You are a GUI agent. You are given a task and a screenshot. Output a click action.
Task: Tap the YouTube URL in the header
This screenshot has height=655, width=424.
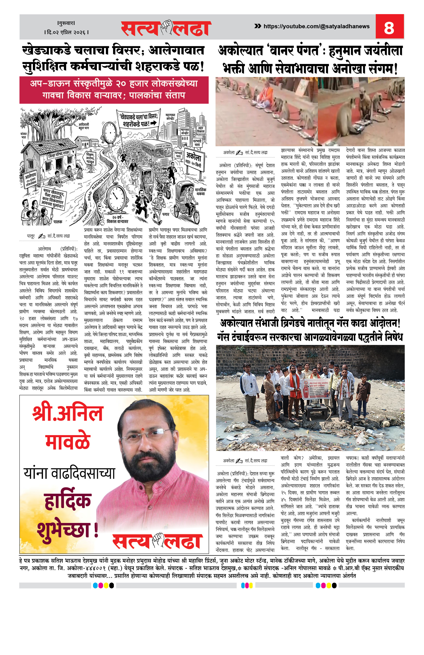316,26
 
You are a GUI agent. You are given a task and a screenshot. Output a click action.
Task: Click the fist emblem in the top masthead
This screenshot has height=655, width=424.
166,27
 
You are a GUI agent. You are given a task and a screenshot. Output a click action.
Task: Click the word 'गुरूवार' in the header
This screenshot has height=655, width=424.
66,23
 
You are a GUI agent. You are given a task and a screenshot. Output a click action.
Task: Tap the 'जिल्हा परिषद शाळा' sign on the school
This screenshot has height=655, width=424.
58,154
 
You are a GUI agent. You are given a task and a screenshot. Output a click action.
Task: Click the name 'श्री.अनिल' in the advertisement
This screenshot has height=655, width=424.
68,414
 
